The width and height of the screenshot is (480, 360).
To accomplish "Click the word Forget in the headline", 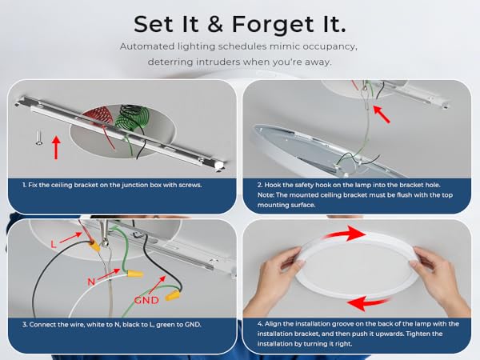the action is click(x=273, y=25).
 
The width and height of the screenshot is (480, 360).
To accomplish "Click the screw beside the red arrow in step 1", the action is click(x=39, y=138).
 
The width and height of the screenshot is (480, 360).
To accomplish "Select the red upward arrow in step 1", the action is click(x=56, y=147).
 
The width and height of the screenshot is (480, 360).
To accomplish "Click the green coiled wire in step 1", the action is click(x=132, y=118).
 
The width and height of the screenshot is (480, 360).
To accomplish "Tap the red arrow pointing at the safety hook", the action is click(x=382, y=114).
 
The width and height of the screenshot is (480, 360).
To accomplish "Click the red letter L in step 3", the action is click(x=54, y=244).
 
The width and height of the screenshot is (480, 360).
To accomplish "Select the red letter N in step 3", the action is click(x=91, y=282).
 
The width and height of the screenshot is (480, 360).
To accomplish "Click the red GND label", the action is click(x=146, y=300).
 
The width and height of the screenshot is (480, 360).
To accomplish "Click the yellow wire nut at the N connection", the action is click(x=135, y=273).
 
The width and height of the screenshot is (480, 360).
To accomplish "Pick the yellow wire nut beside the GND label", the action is click(x=173, y=295).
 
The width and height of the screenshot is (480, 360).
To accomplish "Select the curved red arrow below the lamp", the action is click(x=367, y=303).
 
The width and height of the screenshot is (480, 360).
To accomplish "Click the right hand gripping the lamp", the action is click(x=441, y=278).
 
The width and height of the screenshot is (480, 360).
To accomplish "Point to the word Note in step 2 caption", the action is click(x=266, y=195).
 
